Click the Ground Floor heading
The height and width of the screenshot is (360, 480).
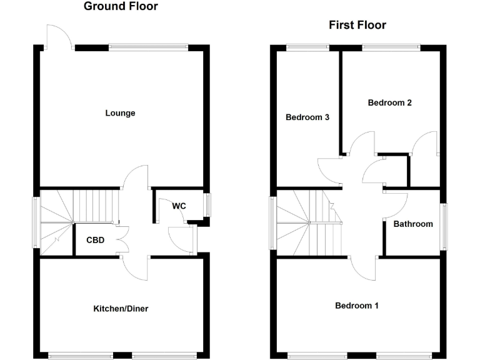click(121, 7)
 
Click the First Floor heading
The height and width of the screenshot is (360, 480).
click(357, 26)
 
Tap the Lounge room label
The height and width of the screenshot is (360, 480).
click(121, 113)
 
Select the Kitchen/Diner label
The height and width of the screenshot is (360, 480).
click(121, 309)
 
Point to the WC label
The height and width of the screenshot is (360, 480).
click(179, 206)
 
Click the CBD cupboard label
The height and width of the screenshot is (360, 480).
click(96, 240)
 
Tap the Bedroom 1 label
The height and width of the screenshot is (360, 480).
click(357, 306)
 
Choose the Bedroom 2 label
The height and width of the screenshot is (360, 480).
click(389, 103)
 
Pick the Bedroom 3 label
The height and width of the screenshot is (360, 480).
click(307, 117)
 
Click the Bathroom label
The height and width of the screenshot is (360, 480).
click(413, 224)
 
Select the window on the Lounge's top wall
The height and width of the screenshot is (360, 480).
click(148, 46)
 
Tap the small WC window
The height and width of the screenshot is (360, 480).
click(208, 204)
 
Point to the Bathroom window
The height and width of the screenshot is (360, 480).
click(444, 226)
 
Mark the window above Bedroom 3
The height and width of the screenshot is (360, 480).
click(308, 46)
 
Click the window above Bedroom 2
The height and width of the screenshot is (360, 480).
click(391, 46)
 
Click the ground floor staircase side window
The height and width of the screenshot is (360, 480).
click(36, 222)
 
